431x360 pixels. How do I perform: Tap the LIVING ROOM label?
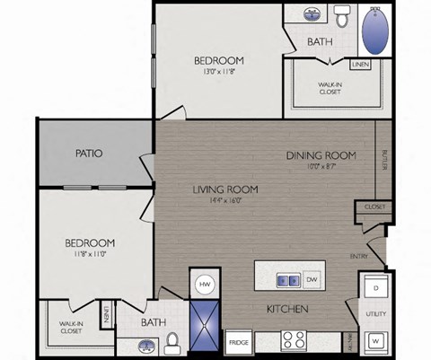[225, 189]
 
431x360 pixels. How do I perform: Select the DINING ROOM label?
[321, 155]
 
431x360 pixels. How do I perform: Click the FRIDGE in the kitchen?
[238, 342]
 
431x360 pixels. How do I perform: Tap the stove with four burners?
[295, 341]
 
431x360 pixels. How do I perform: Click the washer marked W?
[375, 341]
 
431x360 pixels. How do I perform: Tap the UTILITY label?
[375, 314]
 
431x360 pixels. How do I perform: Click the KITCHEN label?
[287, 310]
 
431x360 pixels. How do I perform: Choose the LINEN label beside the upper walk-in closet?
[359, 65]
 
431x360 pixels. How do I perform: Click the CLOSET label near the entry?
[374, 207]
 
